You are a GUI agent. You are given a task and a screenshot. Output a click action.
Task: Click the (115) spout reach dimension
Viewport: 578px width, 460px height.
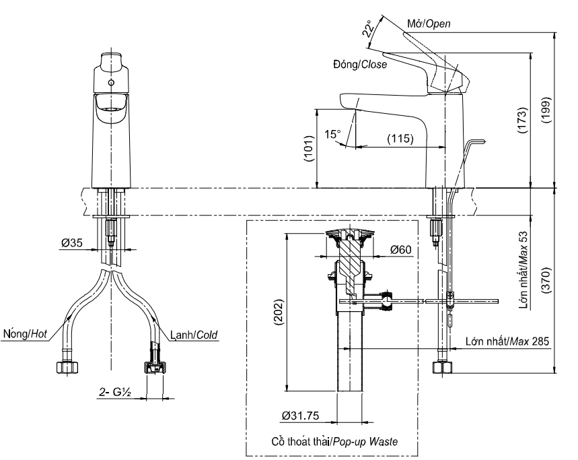pyautogui.click(x=400, y=139)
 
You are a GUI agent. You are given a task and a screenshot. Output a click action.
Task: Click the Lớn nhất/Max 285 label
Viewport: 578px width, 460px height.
pyautogui.click(x=507, y=341)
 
